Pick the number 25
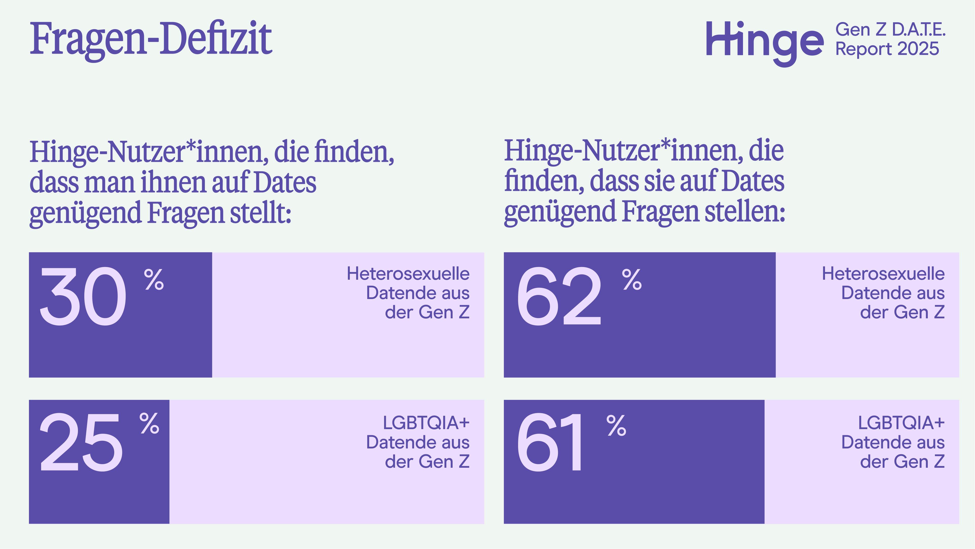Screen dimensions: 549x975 (81, 443)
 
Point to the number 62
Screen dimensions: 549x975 (559, 296)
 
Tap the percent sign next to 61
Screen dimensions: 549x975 (616, 425)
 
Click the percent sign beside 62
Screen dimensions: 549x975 (632, 280)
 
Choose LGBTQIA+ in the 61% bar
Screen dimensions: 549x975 (901, 423)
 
